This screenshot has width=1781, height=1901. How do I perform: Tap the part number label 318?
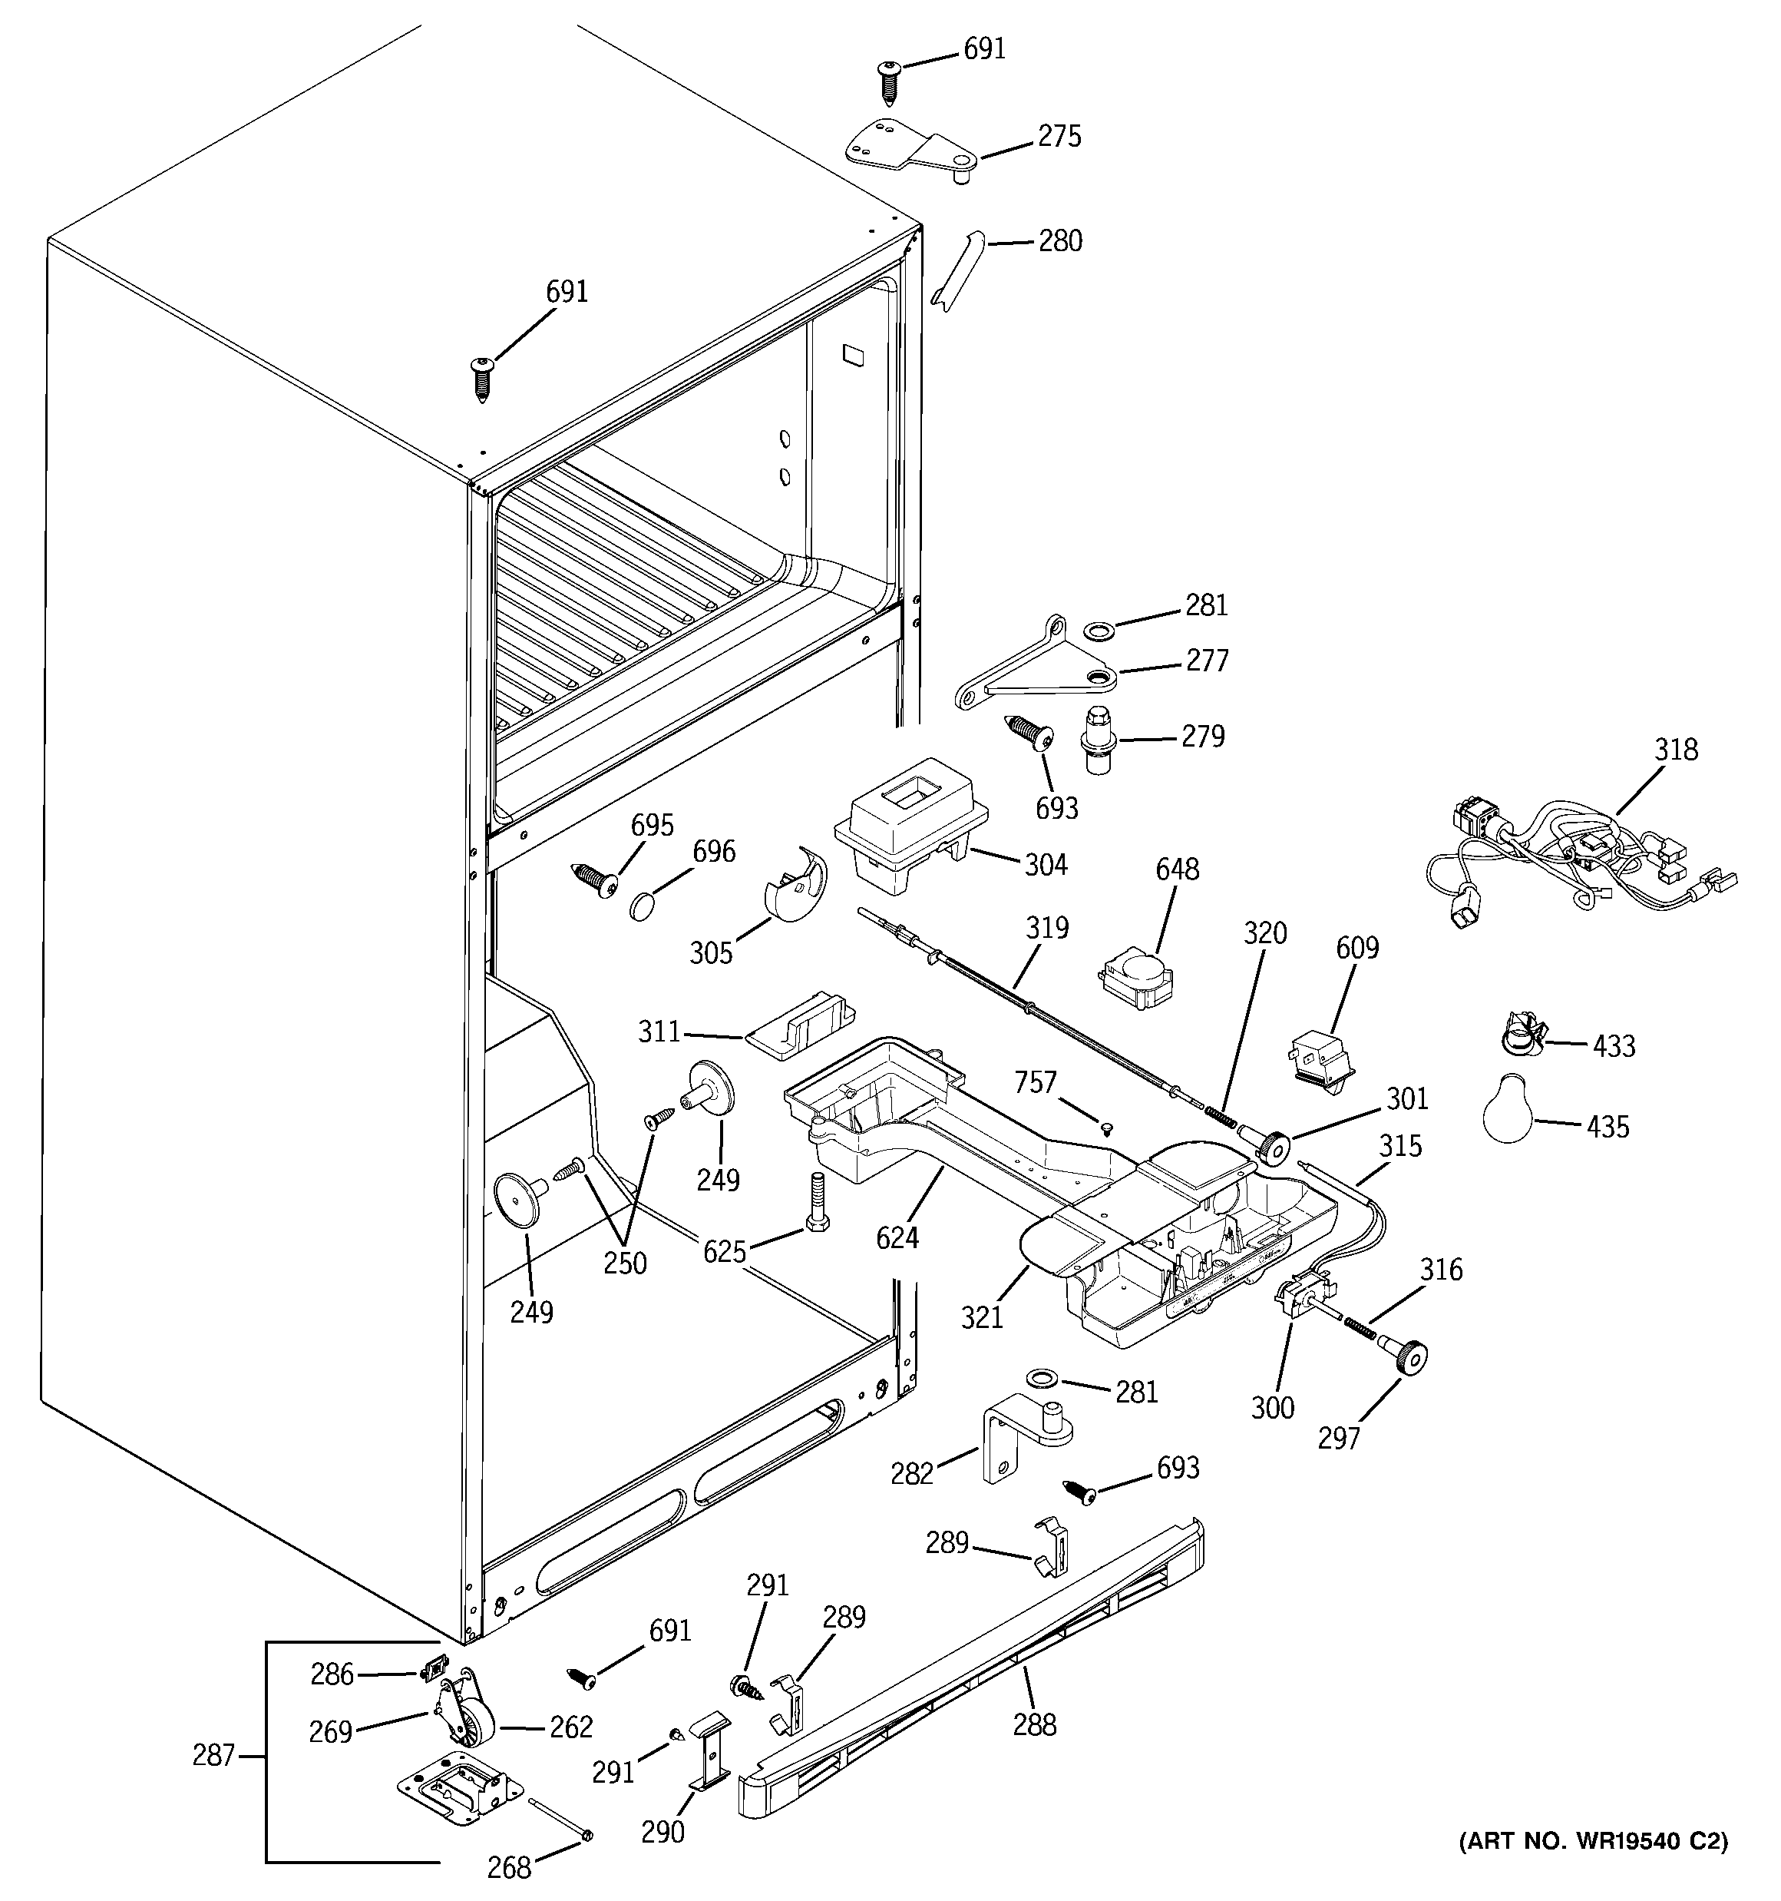[x=1677, y=750]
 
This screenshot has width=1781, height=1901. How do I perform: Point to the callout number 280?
[x=1060, y=241]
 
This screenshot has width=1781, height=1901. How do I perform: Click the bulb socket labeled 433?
[x=1518, y=1035]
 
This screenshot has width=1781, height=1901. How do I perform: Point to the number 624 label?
[x=897, y=1238]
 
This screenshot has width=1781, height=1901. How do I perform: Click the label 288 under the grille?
[x=1034, y=1725]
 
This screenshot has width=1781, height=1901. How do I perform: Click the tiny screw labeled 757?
[x=1107, y=1128]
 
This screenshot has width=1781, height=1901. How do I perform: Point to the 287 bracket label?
[x=213, y=1756]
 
